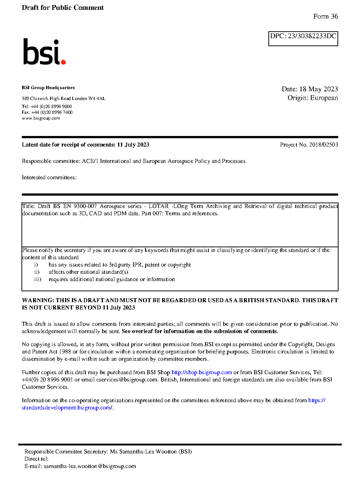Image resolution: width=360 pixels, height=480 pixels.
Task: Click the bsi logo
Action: (x=44, y=52)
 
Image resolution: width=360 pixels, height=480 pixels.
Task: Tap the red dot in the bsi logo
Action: (x=64, y=62)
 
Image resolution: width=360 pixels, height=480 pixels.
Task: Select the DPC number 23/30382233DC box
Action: (x=303, y=39)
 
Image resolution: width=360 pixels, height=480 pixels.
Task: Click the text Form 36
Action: (x=325, y=16)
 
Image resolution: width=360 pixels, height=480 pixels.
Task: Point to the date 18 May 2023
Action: (x=319, y=89)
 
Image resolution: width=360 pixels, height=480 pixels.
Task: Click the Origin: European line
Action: (x=312, y=98)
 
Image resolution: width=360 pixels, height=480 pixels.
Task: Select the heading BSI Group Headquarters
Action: (x=48, y=88)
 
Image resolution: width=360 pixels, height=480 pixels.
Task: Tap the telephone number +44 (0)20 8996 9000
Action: (x=51, y=107)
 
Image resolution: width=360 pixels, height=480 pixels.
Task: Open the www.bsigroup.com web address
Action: (x=41, y=118)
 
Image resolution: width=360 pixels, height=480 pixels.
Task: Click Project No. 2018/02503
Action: (x=309, y=145)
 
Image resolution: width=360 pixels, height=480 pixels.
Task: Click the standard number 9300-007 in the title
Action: (x=85, y=206)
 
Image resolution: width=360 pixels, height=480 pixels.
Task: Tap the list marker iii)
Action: (x=37, y=279)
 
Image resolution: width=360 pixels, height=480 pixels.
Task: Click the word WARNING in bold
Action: (x=38, y=300)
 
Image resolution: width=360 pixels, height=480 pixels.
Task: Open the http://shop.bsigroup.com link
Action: (x=201, y=372)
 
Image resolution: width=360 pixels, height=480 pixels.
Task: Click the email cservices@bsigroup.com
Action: (x=127, y=380)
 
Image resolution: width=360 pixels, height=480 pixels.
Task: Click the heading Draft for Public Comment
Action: (x=63, y=8)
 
